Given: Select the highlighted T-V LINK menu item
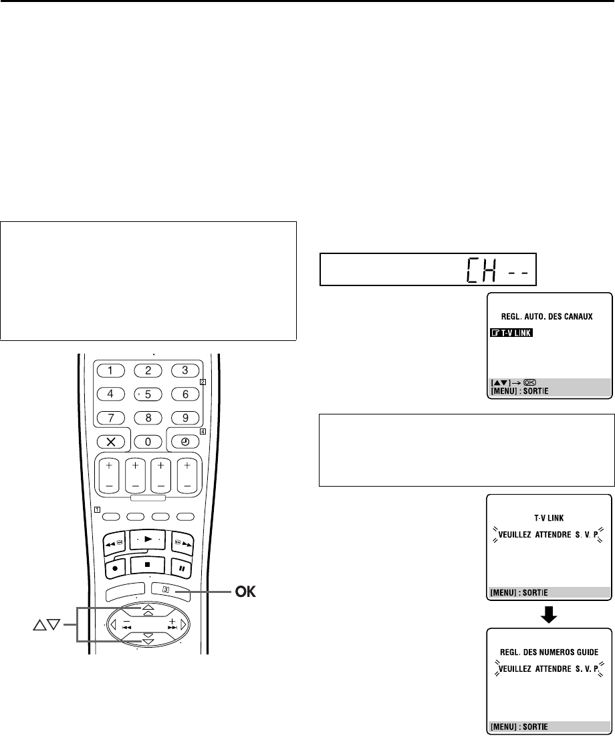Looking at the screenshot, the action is pos(509,332).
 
